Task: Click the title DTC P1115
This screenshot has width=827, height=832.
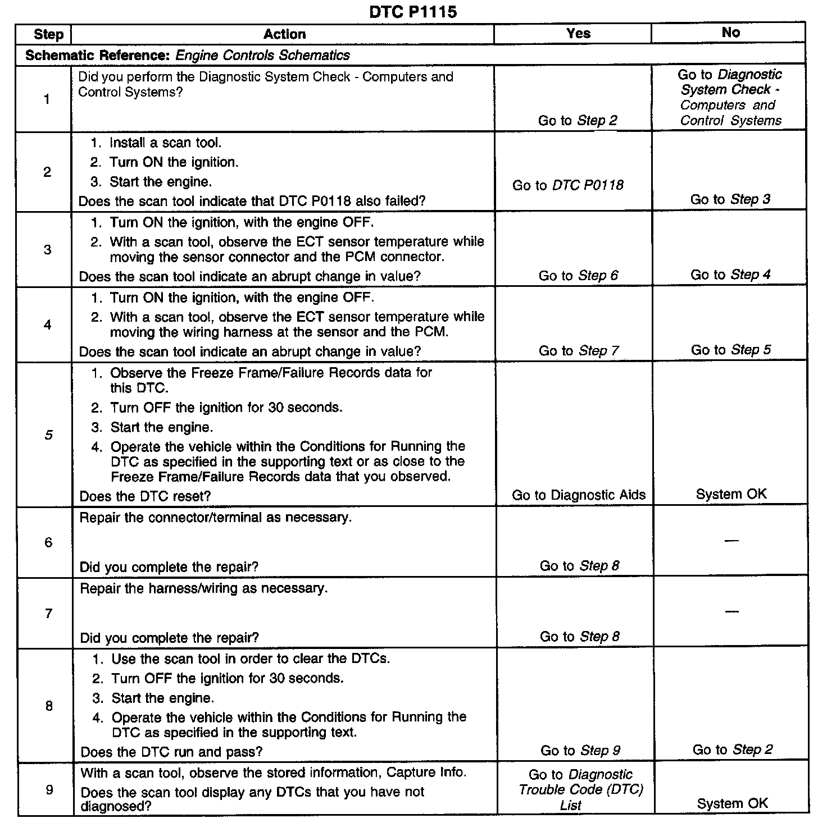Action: tap(413, 12)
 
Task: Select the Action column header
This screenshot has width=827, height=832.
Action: tap(284, 34)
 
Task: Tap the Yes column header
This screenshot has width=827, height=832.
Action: tap(578, 33)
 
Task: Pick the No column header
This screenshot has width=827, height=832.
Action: tap(730, 33)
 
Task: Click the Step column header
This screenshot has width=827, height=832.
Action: tap(48, 34)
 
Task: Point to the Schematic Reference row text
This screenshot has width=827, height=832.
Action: tap(188, 55)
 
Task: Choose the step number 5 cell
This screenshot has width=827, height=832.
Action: tap(48, 435)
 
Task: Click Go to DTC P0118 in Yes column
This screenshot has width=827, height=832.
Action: tap(567, 185)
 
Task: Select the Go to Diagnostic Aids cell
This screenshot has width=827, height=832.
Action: tap(579, 495)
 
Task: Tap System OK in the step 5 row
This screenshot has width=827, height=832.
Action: tap(731, 494)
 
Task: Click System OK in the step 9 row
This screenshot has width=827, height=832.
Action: tap(732, 803)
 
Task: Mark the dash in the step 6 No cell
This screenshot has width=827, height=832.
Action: tap(731, 541)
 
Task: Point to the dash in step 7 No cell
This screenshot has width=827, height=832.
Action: tap(731, 611)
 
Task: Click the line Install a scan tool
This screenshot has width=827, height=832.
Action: tap(165, 143)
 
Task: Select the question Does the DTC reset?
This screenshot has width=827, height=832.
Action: tap(146, 496)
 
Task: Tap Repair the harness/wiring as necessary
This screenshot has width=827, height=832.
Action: tap(203, 588)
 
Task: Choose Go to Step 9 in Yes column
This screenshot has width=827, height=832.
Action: tap(580, 751)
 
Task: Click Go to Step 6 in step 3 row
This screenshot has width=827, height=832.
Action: tap(578, 276)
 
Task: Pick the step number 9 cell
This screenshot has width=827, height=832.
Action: tap(49, 790)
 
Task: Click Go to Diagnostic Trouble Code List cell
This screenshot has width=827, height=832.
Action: tap(580, 790)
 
